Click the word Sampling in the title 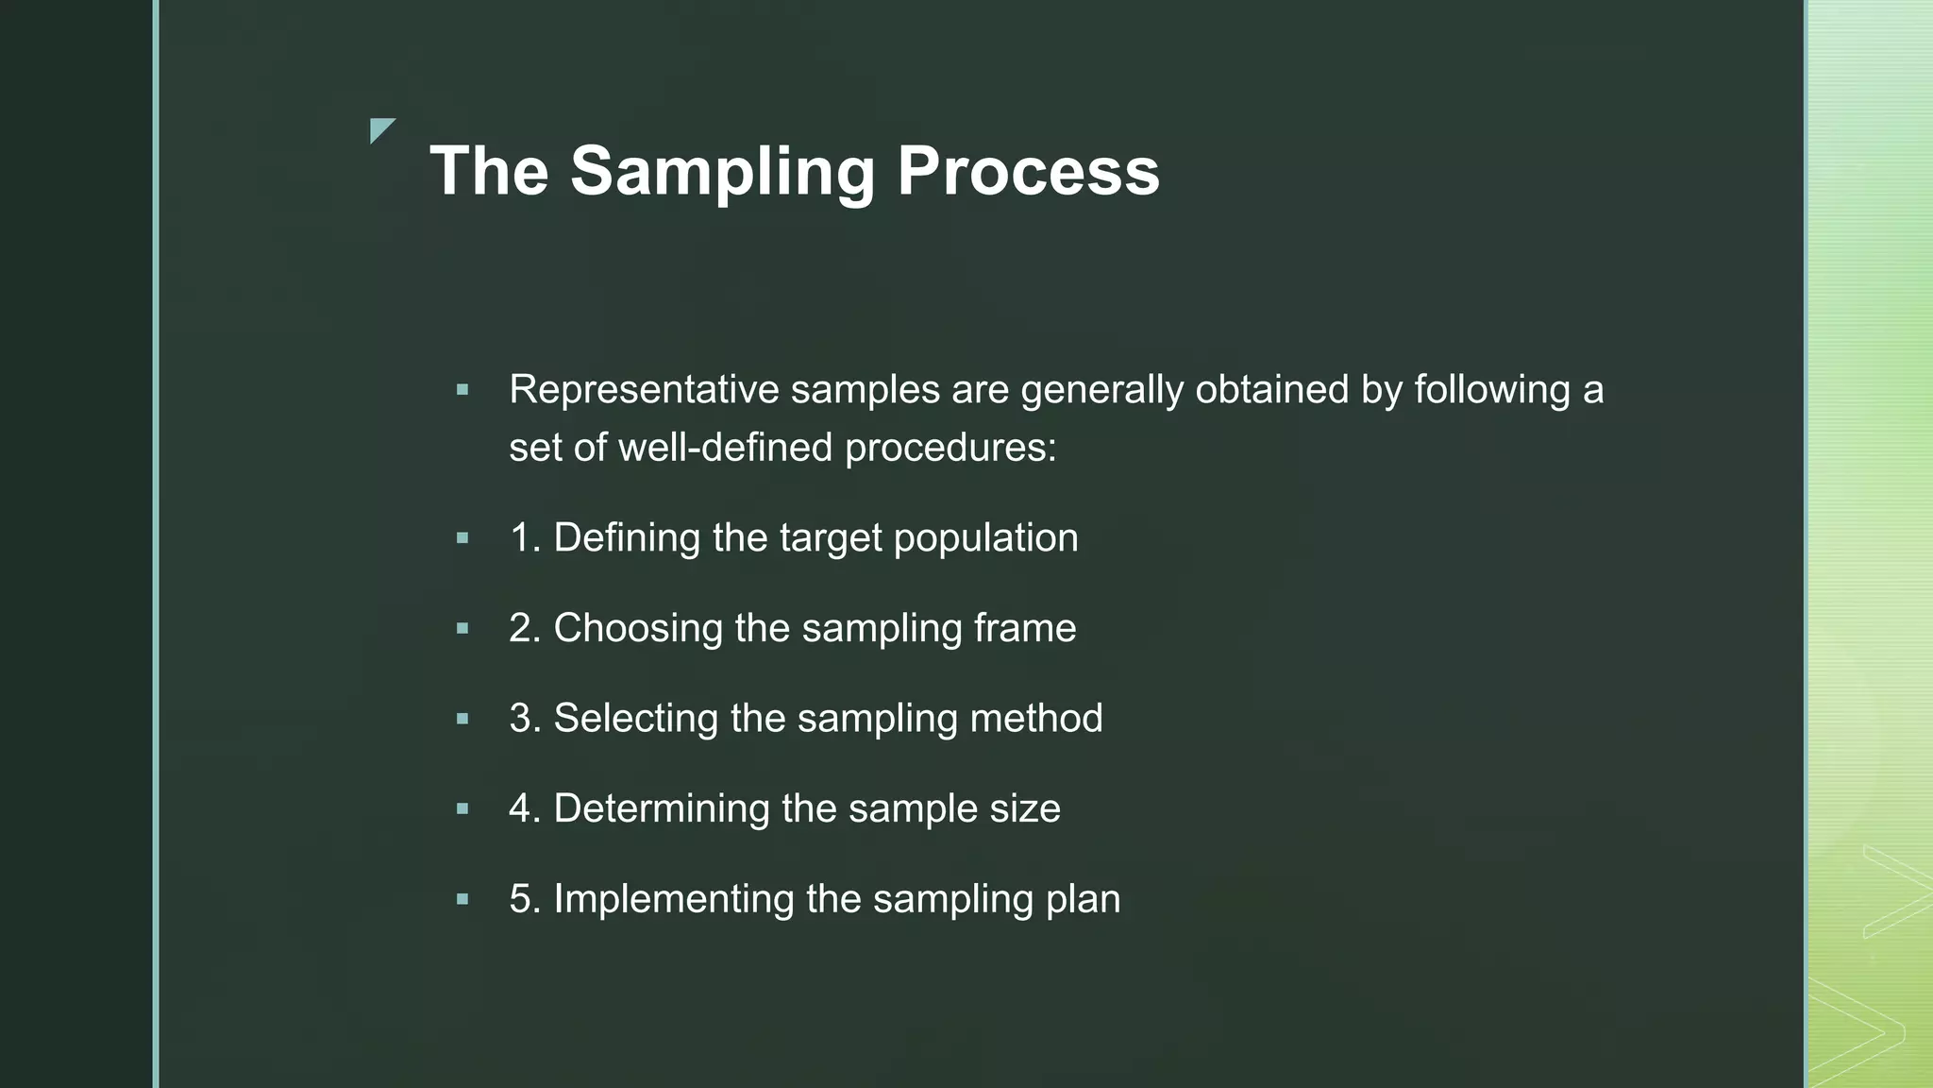(x=722, y=172)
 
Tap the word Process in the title (x=1028, y=172)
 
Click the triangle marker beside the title (x=380, y=129)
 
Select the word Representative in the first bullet (x=644, y=390)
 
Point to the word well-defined (x=725, y=448)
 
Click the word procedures (x=950, y=448)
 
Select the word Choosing (x=638, y=628)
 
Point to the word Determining (x=661, y=809)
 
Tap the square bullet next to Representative (x=462, y=389)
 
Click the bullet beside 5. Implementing (x=462, y=899)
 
